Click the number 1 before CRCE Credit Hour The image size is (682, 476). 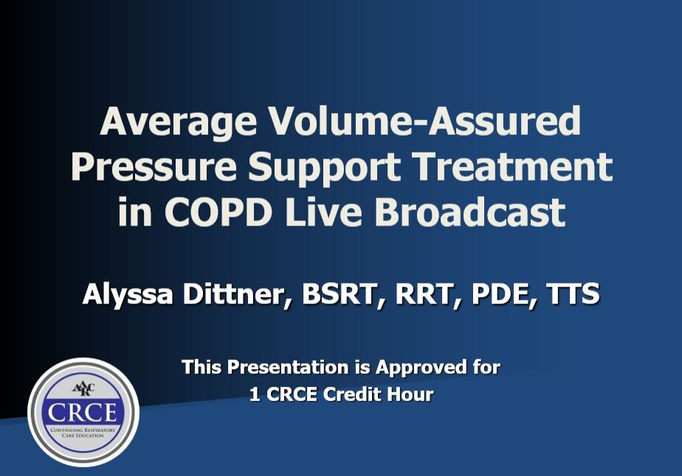pos(254,394)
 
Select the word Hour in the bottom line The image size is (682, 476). pos(410,394)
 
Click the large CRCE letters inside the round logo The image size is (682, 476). pos(83,411)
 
